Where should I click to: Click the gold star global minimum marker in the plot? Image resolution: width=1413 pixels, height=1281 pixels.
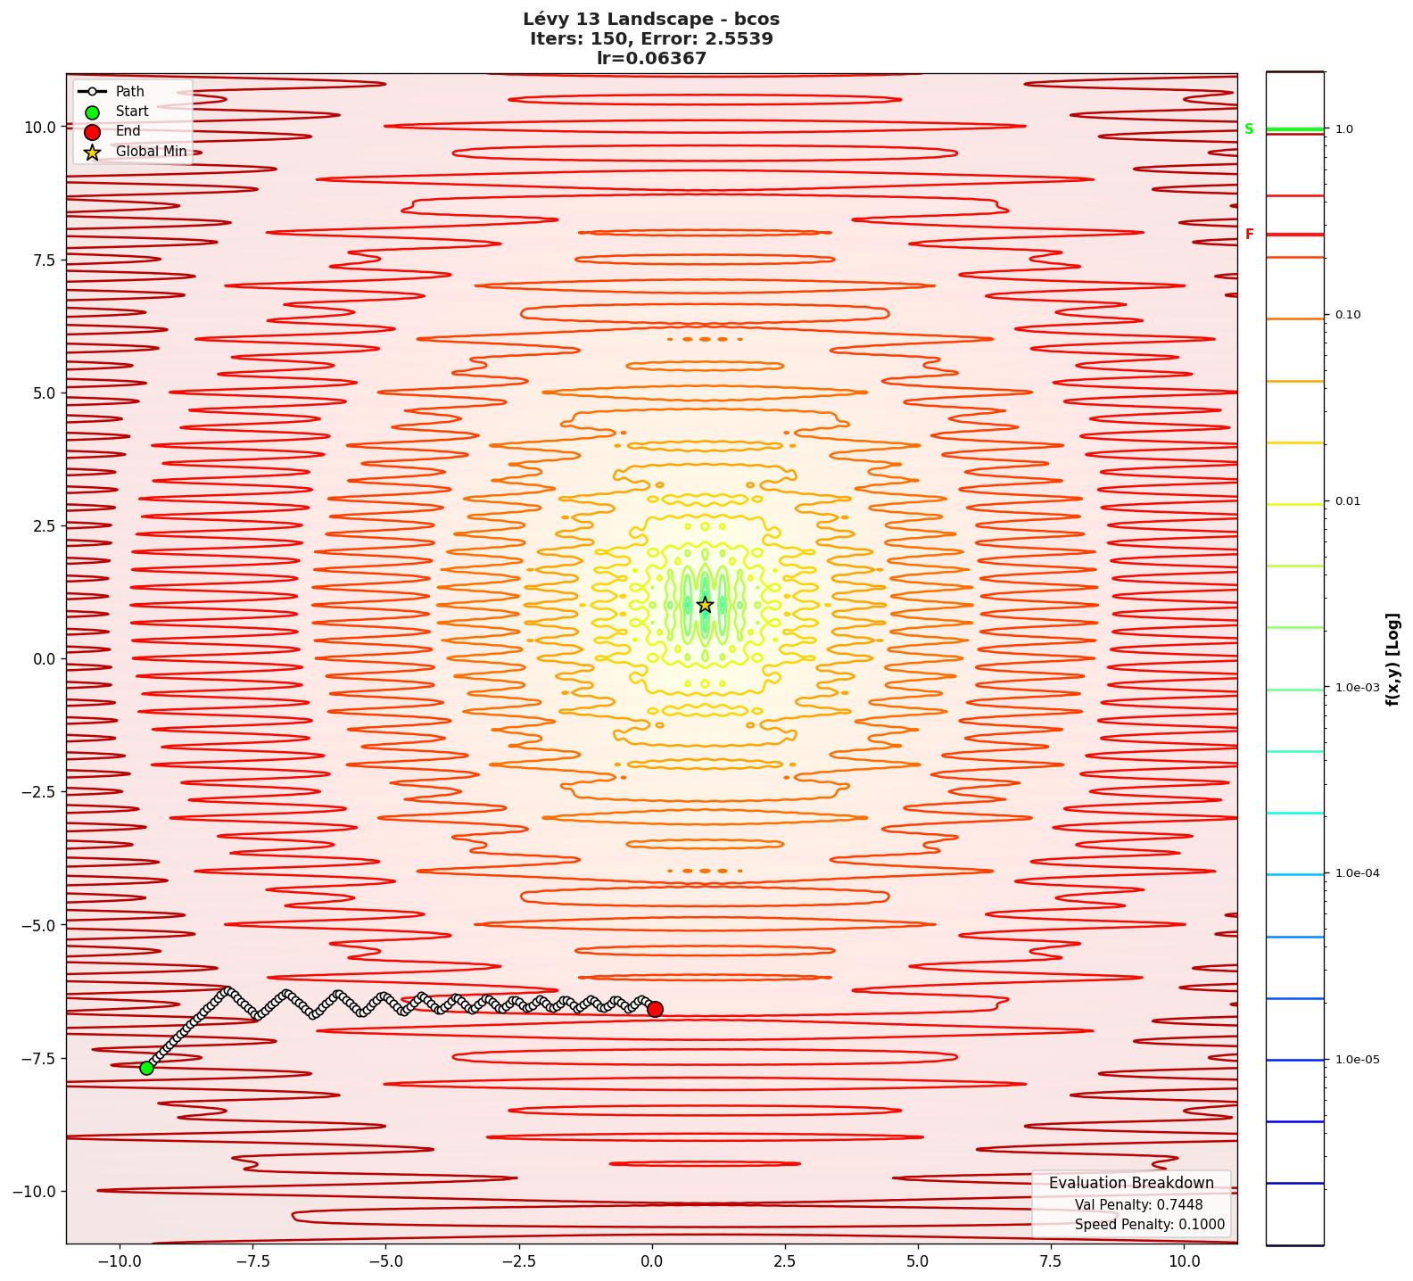click(x=705, y=605)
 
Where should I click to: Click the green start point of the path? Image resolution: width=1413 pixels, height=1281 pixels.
click(x=147, y=1068)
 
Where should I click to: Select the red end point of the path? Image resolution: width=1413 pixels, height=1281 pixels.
click(x=655, y=1009)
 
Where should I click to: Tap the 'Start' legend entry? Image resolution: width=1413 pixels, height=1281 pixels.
click(x=132, y=112)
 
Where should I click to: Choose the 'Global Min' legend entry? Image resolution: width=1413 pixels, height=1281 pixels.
click(x=151, y=152)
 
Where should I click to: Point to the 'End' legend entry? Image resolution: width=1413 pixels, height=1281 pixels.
click(x=128, y=131)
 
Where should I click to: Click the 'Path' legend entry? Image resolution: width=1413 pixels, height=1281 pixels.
click(x=129, y=91)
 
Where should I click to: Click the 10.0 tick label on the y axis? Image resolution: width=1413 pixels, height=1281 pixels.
click(x=39, y=127)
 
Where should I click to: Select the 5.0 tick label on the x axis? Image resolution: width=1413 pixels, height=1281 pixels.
click(x=918, y=1261)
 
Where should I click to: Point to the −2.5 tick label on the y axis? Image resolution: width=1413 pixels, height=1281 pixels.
click(x=36, y=792)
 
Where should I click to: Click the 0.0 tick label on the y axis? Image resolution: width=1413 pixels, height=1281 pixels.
click(x=43, y=659)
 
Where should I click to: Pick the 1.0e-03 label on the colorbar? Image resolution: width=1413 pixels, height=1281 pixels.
click(x=1357, y=688)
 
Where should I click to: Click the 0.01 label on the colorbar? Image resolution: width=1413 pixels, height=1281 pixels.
click(x=1348, y=501)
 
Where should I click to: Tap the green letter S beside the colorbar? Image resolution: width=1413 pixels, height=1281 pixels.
click(x=1249, y=129)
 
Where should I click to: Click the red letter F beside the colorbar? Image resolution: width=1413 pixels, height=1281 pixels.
click(x=1249, y=235)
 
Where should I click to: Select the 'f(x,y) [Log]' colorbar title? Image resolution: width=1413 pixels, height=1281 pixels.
click(x=1392, y=659)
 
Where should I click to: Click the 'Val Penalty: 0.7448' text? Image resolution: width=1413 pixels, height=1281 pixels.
click(x=1138, y=1205)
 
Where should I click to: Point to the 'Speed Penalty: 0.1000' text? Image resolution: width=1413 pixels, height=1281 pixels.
click(x=1149, y=1225)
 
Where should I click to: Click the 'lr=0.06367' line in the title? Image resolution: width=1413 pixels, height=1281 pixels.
click(x=651, y=59)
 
